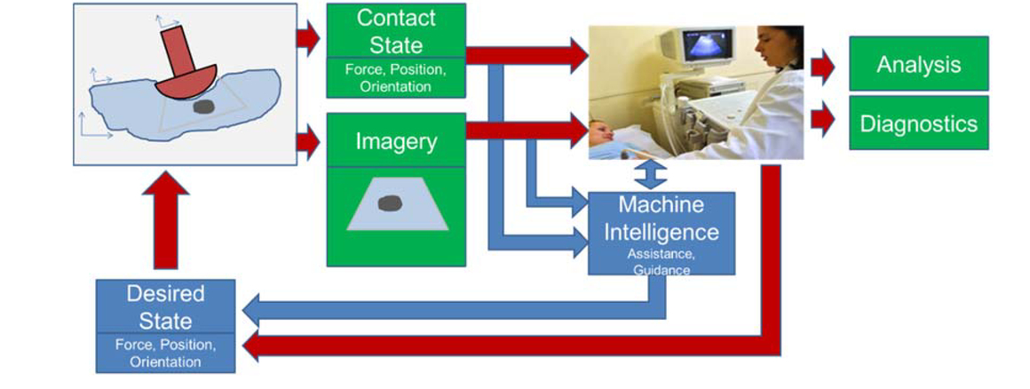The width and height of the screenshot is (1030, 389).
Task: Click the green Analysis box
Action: point(918,64)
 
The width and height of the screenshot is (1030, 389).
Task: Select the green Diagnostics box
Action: point(918,123)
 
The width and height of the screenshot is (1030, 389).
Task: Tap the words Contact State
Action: point(396,31)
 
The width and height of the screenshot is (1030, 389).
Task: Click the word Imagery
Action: point(396,140)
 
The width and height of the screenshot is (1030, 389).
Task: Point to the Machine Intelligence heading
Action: point(662,218)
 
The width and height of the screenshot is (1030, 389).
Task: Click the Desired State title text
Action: point(165,306)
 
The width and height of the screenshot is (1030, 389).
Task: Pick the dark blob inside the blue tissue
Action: point(203,107)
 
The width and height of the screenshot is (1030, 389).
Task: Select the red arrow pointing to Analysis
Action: point(823,64)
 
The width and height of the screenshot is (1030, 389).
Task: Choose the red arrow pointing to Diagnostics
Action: point(823,123)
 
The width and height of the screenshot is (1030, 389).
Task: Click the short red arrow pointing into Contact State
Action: point(308,38)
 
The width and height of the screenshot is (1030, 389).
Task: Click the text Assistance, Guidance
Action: point(662,261)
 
